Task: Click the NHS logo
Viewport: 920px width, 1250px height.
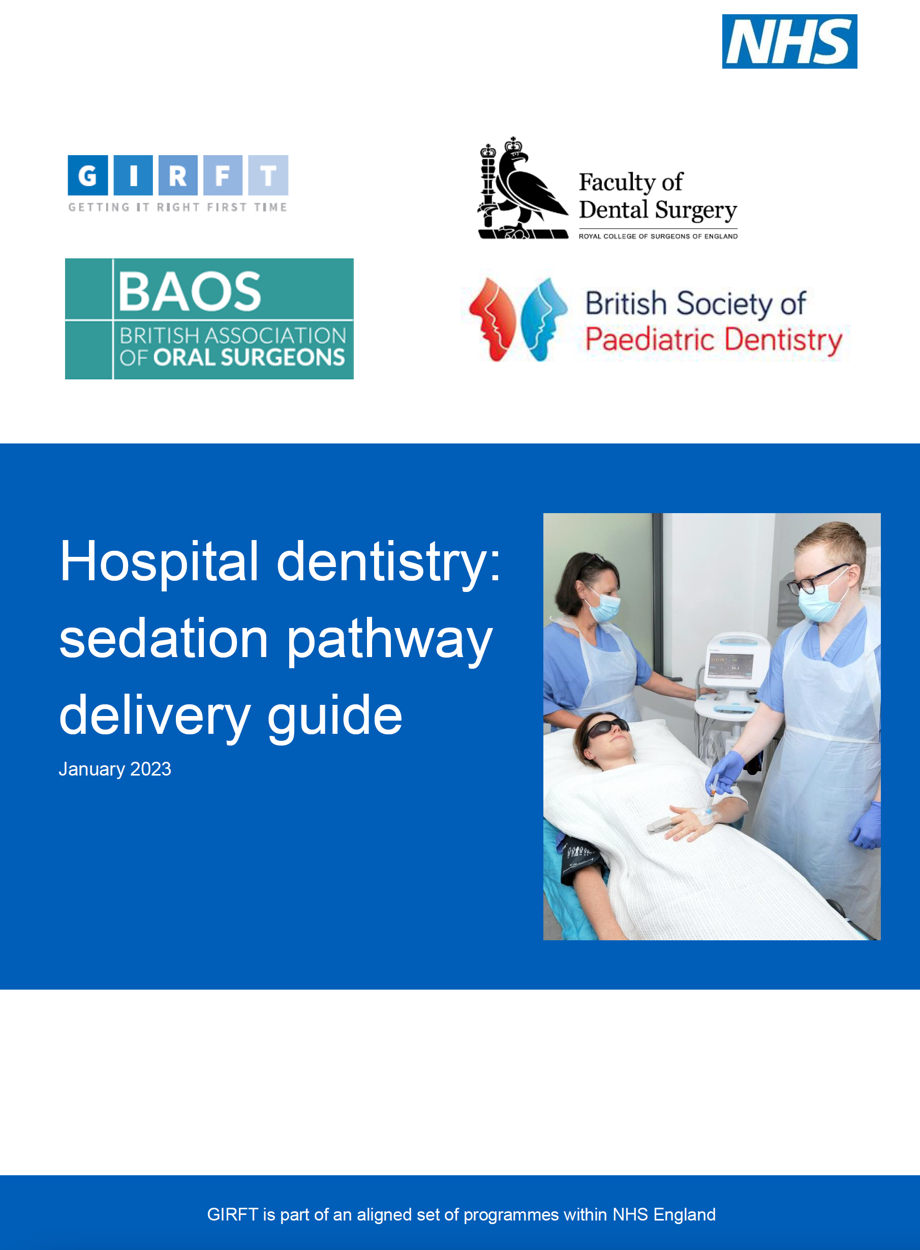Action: point(789,41)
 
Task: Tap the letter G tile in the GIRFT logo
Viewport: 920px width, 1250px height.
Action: point(87,175)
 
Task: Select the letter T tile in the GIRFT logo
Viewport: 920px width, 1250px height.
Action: point(268,175)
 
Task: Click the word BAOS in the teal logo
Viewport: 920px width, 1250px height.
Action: point(190,291)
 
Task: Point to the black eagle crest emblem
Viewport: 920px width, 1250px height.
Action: point(523,188)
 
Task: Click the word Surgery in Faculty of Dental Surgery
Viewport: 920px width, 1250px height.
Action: point(696,211)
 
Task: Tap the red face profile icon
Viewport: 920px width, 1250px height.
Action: point(493,319)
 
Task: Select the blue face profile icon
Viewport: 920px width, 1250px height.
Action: point(544,319)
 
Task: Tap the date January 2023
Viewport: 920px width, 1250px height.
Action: point(115,769)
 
